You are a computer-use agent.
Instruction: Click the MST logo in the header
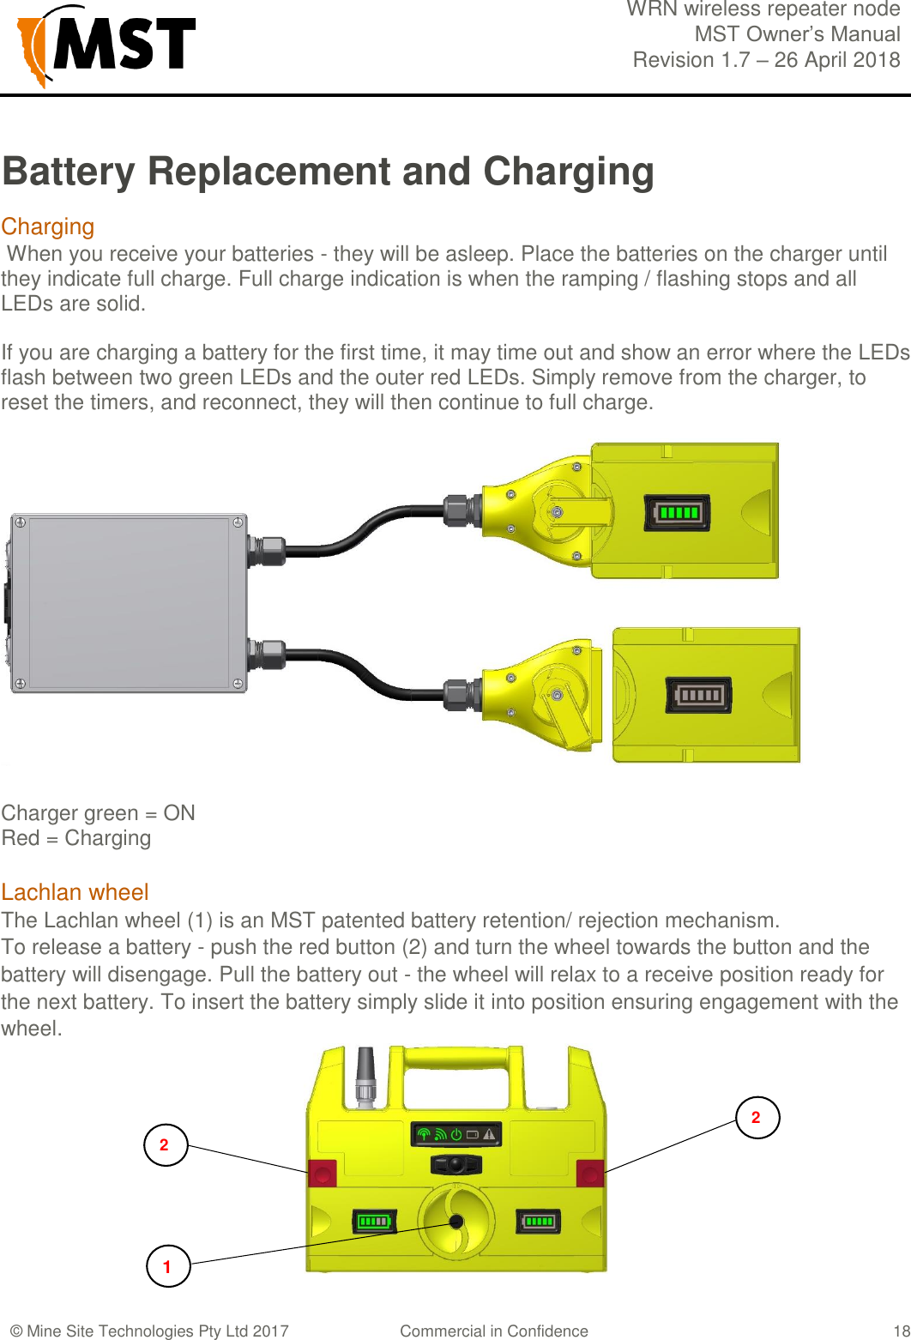pyautogui.click(x=106, y=45)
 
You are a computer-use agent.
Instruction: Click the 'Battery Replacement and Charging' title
pyautogui.click(x=328, y=172)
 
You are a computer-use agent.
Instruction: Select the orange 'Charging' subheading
pyautogui.click(x=48, y=226)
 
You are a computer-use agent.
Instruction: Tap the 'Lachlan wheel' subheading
pyautogui.click(x=75, y=892)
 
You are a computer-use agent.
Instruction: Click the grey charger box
pyautogui.click(x=129, y=602)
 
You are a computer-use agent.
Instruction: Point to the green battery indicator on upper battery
pyautogui.click(x=678, y=513)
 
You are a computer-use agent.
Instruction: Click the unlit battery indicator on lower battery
pyautogui.click(x=699, y=695)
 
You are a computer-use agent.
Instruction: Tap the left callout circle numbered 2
pyautogui.click(x=166, y=1144)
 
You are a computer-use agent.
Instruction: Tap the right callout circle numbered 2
pyautogui.click(x=757, y=1117)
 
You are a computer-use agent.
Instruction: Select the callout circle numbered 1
pyautogui.click(x=167, y=1266)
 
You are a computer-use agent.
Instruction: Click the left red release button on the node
pyautogui.click(x=323, y=1173)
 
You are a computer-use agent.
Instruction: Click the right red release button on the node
pyautogui.click(x=590, y=1173)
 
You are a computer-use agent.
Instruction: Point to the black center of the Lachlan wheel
pyautogui.click(x=456, y=1221)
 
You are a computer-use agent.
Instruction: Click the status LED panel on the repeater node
pyautogui.click(x=455, y=1134)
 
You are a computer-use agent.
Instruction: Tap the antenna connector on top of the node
pyautogui.click(x=365, y=1077)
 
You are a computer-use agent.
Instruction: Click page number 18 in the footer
pyautogui.click(x=900, y=1331)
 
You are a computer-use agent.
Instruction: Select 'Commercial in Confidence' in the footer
pyautogui.click(x=494, y=1331)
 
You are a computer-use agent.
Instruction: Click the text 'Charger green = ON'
pyautogui.click(x=99, y=812)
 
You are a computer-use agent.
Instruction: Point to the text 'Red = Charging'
pyautogui.click(x=76, y=838)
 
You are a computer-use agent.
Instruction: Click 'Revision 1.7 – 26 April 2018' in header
pyautogui.click(x=766, y=60)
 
